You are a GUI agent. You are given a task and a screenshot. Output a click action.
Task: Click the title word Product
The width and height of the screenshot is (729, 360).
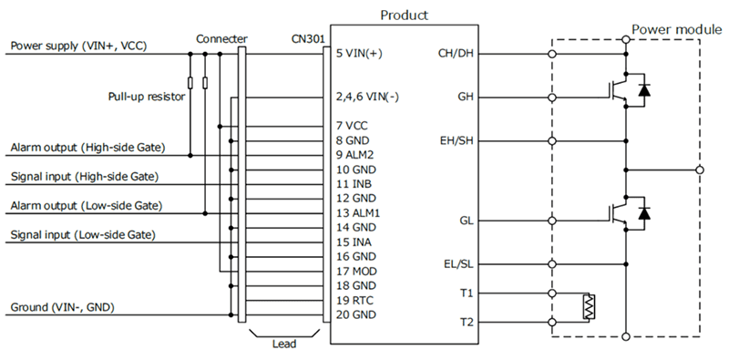click(404, 15)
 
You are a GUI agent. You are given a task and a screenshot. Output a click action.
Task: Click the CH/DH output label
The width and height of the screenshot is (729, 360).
click(457, 53)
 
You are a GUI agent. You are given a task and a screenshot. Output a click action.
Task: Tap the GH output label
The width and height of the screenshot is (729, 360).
click(464, 96)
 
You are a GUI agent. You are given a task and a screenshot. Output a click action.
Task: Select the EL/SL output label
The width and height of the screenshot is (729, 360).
click(458, 264)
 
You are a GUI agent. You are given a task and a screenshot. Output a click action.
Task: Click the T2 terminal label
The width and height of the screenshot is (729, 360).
click(467, 323)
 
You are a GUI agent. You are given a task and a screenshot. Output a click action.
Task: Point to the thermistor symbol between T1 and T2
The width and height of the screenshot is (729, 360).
click(590, 308)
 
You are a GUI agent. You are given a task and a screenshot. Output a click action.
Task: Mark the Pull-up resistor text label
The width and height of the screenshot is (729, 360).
click(146, 95)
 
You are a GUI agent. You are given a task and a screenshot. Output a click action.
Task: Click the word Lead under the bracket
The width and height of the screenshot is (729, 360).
click(282, 345)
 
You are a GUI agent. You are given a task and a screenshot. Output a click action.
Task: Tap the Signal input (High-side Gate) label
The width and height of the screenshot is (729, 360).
click(85, 176)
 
